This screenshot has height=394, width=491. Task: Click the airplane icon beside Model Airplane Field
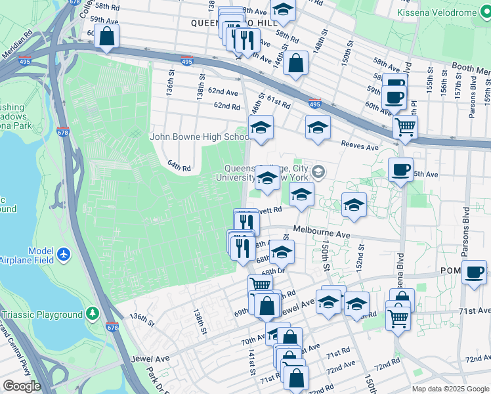(x=64, y=253)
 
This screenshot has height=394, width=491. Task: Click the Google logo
(x=21, y=386)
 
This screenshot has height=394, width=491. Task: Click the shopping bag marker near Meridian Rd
(x=107, y=37)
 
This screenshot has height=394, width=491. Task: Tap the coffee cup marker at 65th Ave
(x=400, y=170)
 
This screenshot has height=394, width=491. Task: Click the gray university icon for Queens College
(x=318, y=171)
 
